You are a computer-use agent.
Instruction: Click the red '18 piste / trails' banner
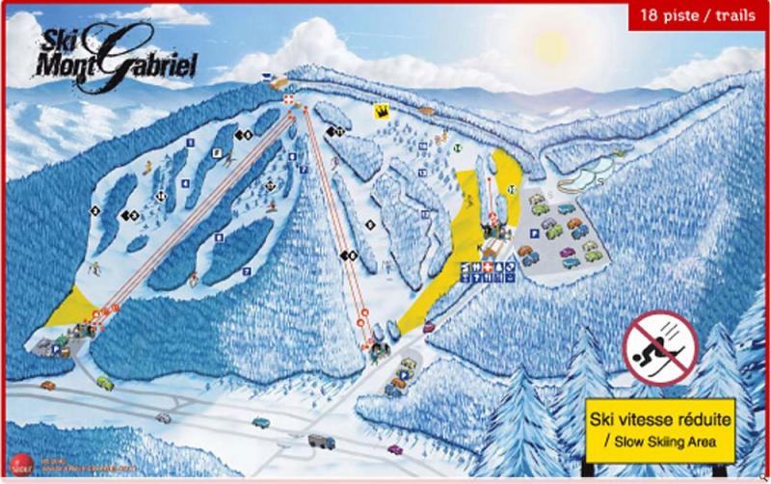point(698,15)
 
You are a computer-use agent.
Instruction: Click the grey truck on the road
point(321,442)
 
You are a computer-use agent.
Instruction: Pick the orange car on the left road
point(47,386)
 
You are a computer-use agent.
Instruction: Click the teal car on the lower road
point(260,422)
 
